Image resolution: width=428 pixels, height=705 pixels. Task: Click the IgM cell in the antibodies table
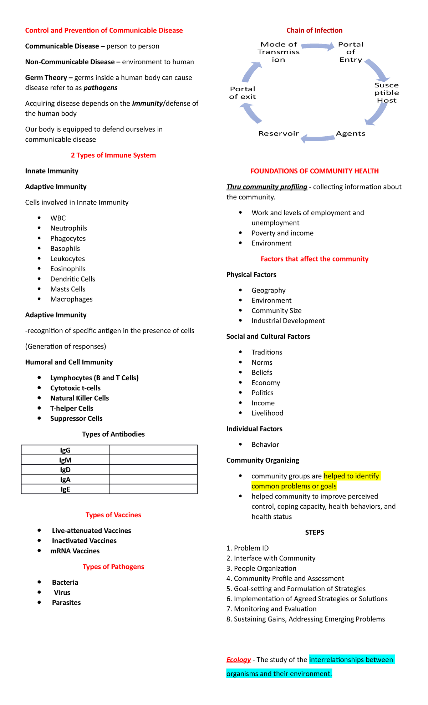(x=65, y=460)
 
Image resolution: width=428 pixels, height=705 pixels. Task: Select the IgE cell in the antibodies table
(x=65, y=489)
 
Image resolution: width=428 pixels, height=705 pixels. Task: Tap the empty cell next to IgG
(x=153, y=450)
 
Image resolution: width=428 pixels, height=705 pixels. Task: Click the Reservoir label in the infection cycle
(x=279, y=133)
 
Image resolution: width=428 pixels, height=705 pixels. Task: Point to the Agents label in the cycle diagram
(x=351, y=133)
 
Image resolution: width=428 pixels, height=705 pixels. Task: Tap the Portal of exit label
(x=243, y=93)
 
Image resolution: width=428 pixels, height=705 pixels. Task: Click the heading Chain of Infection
(x=314, y=30)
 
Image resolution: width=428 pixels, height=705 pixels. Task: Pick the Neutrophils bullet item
(x=68, y=228)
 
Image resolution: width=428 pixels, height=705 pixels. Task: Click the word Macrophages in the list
(x=71, y=299)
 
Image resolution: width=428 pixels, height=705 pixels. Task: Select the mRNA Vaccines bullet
(x=75, y=551)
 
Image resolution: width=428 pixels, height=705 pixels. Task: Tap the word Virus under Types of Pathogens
(x=62, y=592)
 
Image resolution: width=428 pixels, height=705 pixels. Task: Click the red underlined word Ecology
(x=238, y=660)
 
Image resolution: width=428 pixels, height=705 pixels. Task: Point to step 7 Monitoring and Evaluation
(x=271, y=609)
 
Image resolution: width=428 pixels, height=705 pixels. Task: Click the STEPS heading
(x=314, y=532)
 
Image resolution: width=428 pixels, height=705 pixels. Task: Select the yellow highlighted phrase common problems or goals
(x=294, y=486)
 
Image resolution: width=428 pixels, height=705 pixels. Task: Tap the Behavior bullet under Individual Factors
(x=265, y=445)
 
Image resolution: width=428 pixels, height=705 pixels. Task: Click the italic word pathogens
(x=100, y=88)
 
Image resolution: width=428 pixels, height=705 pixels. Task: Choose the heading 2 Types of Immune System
(x=113, y=155)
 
